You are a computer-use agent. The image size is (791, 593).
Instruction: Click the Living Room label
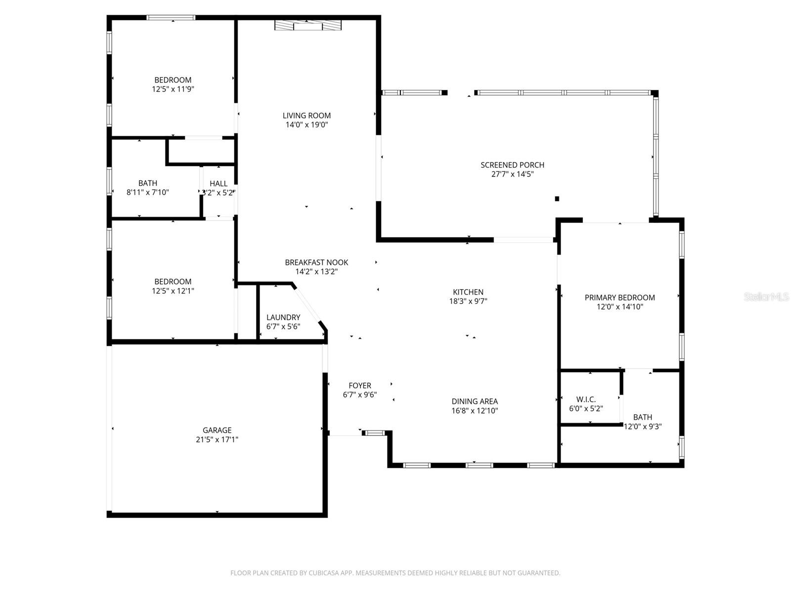point(307,116)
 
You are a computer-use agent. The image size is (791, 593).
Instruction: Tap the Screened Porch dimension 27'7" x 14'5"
point(512,174)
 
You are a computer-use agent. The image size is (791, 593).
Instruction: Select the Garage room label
point(217,430)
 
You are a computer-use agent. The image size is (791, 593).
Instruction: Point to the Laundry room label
point(283,317)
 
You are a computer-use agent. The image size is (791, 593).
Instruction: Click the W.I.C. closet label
point(586,399)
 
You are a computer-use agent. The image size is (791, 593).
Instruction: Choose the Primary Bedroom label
point(619,297)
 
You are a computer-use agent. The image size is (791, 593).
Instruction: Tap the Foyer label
point(360,385)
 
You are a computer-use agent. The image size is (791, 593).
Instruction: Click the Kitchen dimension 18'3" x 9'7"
point(468,301)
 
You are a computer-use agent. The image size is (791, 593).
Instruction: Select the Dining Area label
point(475,401)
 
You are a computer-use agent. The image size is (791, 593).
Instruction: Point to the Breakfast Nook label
point(316,262)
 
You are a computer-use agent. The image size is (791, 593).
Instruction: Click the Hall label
point(219,183)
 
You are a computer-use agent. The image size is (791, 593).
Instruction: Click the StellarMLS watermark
point(766,297)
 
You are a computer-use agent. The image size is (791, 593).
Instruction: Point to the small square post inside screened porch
point(557,199)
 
